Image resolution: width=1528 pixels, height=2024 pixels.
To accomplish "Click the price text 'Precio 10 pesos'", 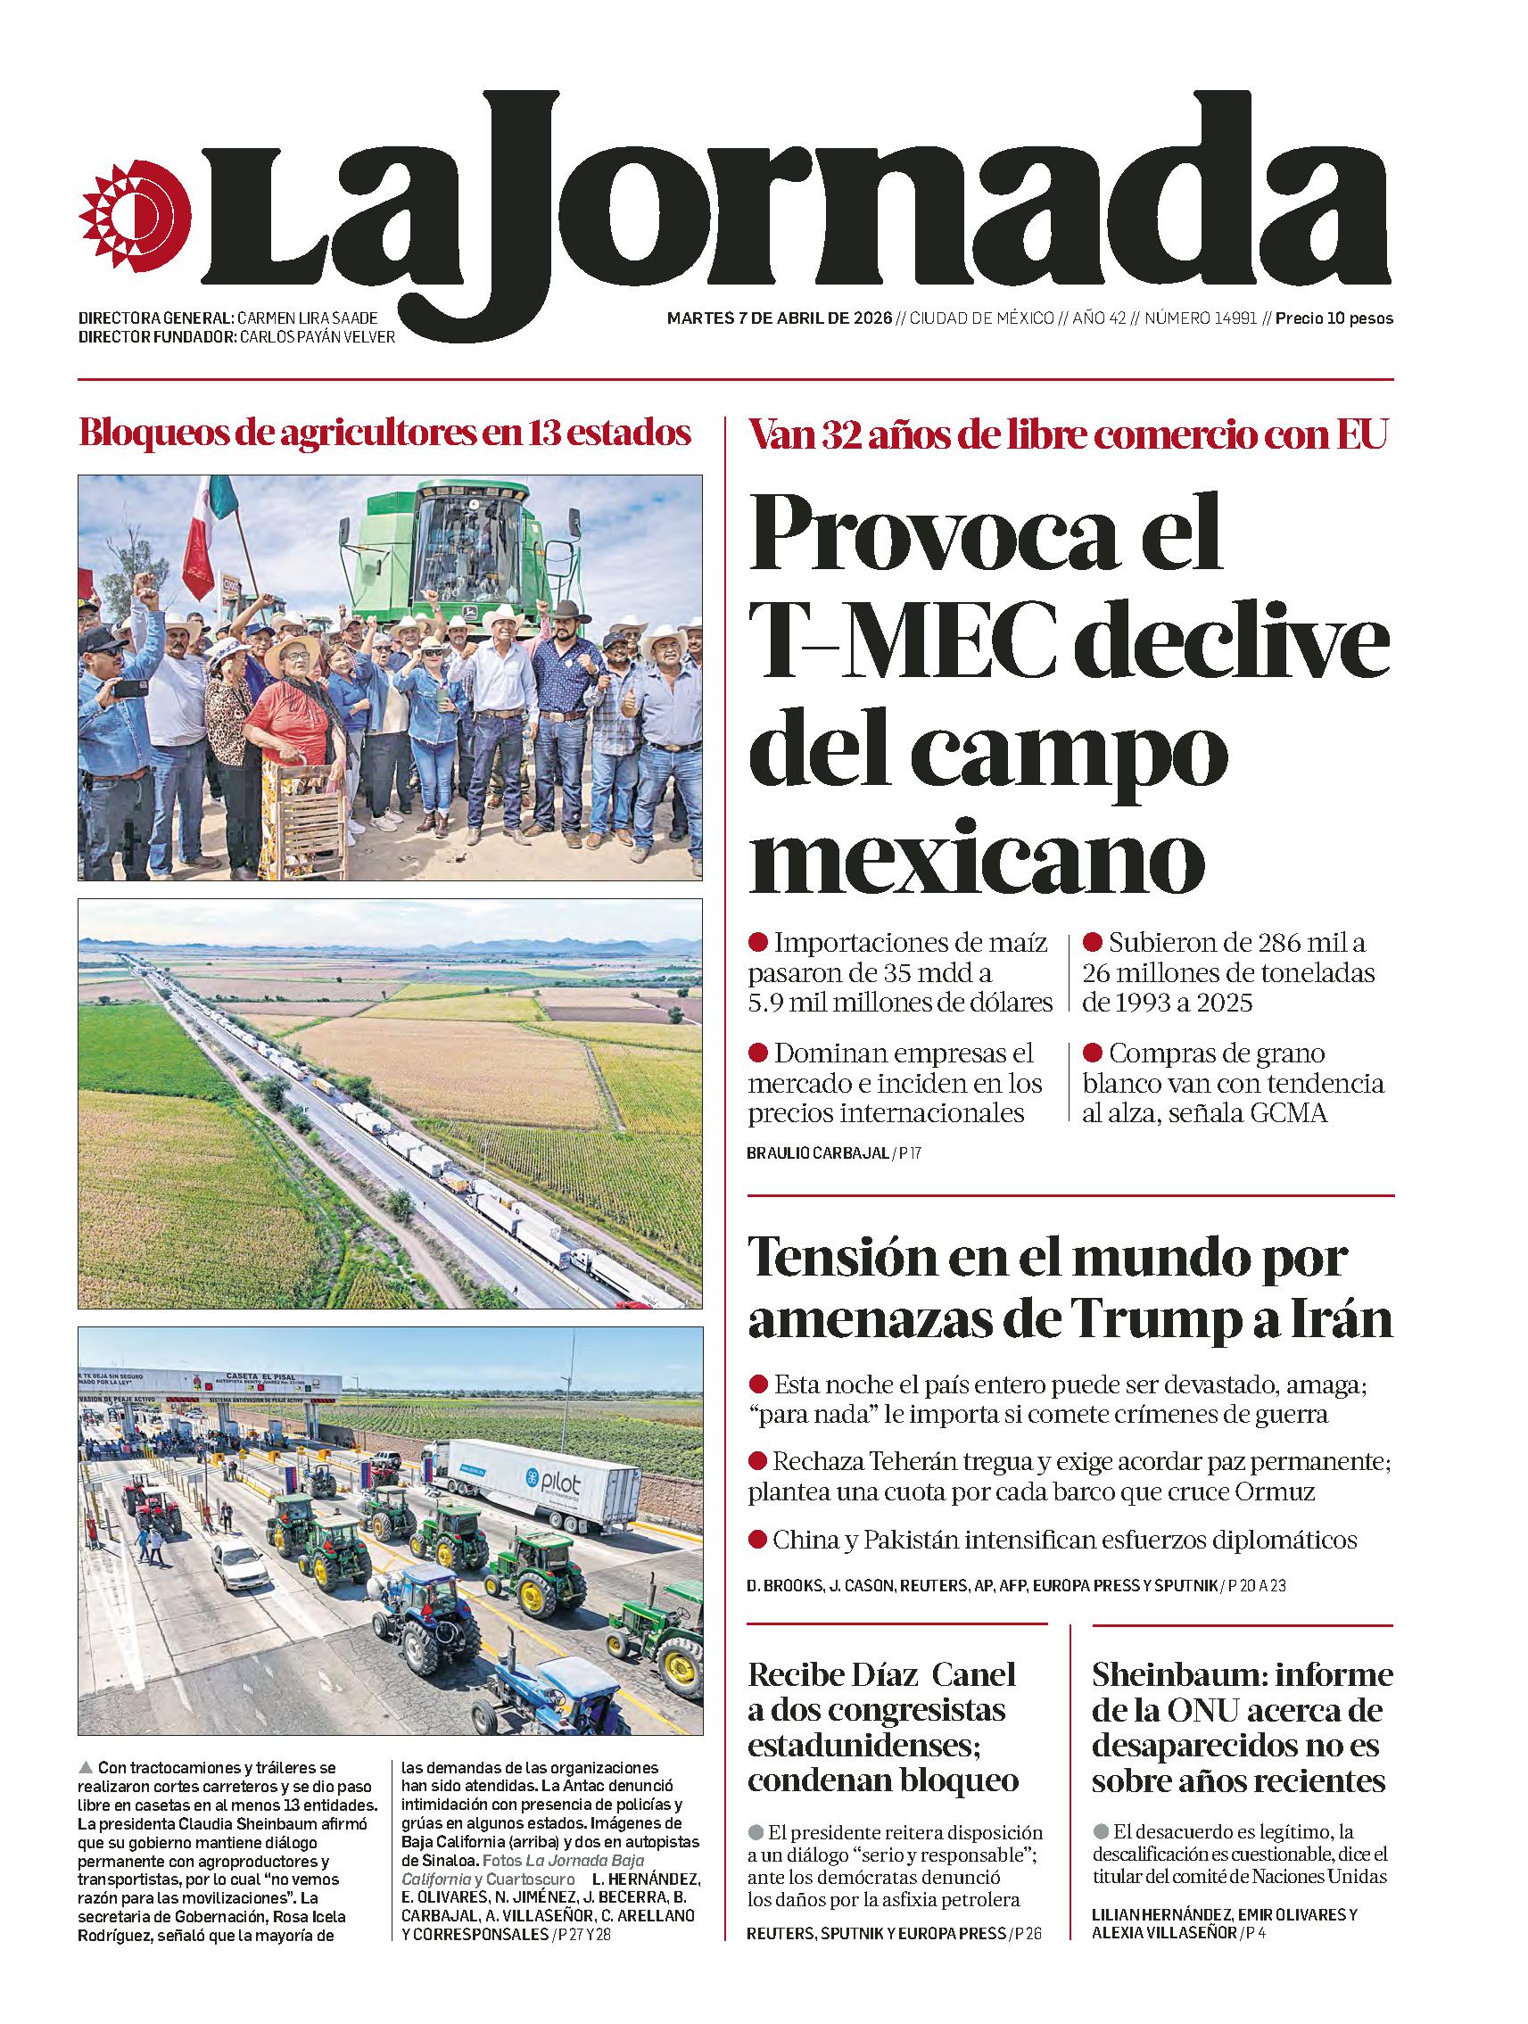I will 1334,319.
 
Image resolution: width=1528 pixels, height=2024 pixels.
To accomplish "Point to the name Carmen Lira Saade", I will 307,318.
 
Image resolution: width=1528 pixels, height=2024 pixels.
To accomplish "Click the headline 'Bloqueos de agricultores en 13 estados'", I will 385,432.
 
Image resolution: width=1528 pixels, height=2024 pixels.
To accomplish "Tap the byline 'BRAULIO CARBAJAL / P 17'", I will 833,1153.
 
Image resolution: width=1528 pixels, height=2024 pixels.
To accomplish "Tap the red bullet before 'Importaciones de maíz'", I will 757,943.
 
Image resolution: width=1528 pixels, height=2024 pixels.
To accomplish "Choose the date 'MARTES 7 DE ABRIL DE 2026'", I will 779,319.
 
